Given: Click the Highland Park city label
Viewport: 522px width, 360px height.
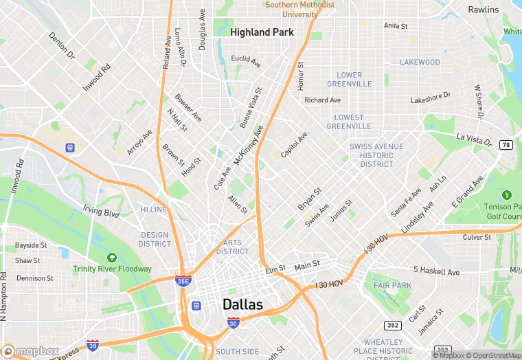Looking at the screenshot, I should pyautogui.click(x=262, y=32).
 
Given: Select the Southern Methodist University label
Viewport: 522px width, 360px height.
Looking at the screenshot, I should pyautogui.click(x=300, y=9).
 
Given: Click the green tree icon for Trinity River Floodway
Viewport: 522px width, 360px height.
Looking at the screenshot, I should pyautogui.click(x=111, y=258).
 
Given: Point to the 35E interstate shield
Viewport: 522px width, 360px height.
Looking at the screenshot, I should pyautogui.click(x=183, y=280).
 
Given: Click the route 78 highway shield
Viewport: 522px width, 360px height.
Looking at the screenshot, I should pyautogui.click(x=506, y=145).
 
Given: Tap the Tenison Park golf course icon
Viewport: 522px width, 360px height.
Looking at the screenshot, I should pyautogui.click(x=507, y=196).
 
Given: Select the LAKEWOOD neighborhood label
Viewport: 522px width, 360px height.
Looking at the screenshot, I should pyautogui.click(x=420, y=62).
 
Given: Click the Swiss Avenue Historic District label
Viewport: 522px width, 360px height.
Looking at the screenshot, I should pyautogui.click(x=372, y=155).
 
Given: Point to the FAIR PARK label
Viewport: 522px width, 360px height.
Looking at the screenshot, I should pyautogui.click(x=392, y=285).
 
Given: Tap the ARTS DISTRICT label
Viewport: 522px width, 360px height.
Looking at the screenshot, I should pyautogui.click(x=233, y=247).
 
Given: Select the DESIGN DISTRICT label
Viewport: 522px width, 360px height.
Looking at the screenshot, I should pyautogui.click(x=155, y=239).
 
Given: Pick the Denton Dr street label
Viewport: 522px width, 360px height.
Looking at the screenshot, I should pyautogui.click(x=62, y=45).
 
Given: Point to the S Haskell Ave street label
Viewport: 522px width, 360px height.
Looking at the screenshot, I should pyautogui.click(x=436, y=272).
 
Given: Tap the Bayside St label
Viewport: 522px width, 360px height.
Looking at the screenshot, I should pyautogui.click(x=31, y=245).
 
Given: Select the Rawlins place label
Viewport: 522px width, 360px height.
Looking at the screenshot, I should pyautogui.click(x=484, y=10).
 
